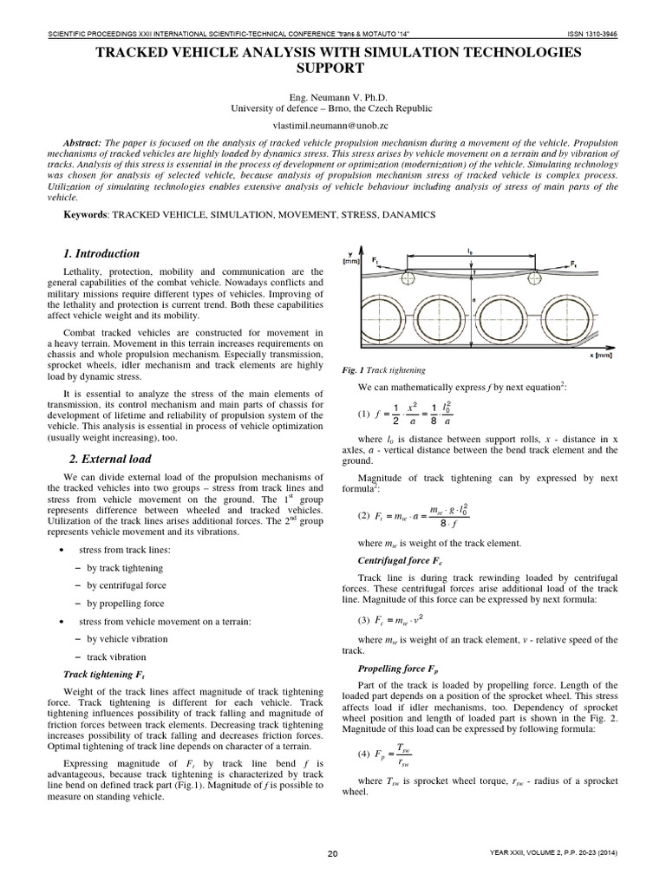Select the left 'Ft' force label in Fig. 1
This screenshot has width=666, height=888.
tap(374, 259)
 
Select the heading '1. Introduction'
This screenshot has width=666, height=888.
tap(101, 254)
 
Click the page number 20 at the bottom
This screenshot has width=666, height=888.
tap(333, 854)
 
